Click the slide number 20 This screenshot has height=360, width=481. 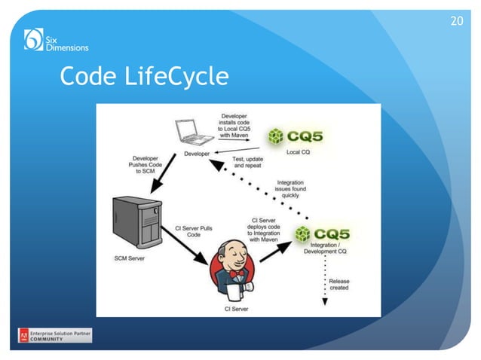[x=456, y=20]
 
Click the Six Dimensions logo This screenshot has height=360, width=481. [x=56, y=39]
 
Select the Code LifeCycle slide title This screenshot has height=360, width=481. [x=144, y=76]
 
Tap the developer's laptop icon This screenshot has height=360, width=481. [x=193, y=133]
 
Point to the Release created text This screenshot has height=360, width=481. [x=339, y=284]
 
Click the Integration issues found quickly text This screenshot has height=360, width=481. [x=290, y=188]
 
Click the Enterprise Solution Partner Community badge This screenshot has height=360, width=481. [x=55, y=335]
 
